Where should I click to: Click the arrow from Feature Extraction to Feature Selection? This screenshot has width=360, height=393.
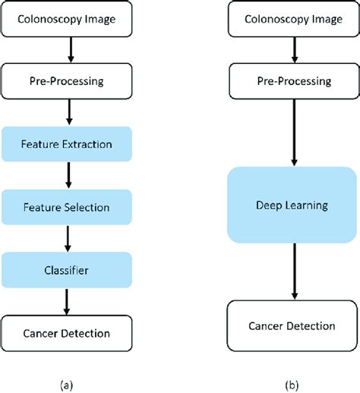click(x=70, y=175)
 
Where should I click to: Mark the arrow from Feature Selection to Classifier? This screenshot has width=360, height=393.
click(x=70, y=238)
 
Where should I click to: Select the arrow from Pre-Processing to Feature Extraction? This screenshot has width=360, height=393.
click(x=70, y=112)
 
